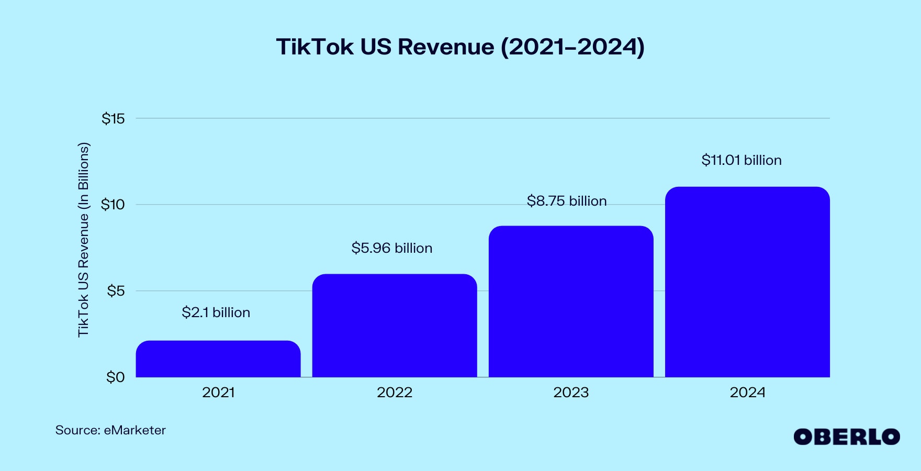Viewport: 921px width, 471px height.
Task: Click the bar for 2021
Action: [218, 359]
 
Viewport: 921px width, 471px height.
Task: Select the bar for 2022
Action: [395, 326]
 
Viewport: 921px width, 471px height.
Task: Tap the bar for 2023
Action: [571, 301]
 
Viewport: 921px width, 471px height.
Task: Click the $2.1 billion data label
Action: [216, 312]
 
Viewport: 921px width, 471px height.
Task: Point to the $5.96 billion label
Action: [392, 248]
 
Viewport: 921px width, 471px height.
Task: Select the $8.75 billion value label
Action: [567, 201]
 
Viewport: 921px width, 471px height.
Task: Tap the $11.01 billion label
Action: [742, 160]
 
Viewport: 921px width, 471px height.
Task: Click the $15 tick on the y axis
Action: [114, 119]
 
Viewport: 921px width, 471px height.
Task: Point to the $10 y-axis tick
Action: [114, 205]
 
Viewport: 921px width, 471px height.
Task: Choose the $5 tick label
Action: [116, 291]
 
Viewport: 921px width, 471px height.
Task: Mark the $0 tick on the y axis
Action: [116, 377]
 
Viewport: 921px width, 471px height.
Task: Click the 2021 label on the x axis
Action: [218, 392]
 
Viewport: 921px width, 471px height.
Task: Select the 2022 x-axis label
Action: [395, 392]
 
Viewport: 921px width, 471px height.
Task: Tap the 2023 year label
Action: [571, 392]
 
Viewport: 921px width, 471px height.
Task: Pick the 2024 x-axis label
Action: [747, 392]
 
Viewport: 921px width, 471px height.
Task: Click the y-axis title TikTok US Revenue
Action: [84, 240]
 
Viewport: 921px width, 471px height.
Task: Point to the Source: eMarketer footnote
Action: [110, 430]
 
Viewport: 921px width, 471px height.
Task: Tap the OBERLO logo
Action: [846, 437]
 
